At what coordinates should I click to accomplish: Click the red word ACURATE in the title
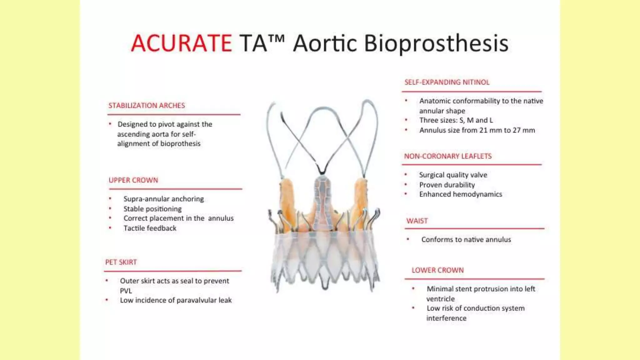(x=181, y=43)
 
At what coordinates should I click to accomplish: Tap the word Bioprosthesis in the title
(x=436, y=43)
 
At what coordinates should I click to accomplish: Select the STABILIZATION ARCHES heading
(x=147, y=106)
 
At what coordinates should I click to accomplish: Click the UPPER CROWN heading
(x=133, y=180)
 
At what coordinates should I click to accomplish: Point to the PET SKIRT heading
(x=121, y=262)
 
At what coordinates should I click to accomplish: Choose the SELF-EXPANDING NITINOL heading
(x=447, y=82)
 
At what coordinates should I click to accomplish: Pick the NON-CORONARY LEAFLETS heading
(x=448, y=156)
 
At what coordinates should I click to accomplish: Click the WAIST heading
(x=417, y=221)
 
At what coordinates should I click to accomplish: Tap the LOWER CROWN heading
(x=437, y=270)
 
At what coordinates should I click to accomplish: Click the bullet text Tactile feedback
(x=150, y=228)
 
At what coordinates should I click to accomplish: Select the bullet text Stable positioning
(x=152, y=209)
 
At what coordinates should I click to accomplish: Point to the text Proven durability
(x=447, y=185)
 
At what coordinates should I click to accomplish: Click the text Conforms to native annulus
(x=466, y=240)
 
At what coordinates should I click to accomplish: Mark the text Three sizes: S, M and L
(x=456, y=120)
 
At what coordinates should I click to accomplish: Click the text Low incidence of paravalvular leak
(x=176, y=300)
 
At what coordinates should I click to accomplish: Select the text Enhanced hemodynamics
(x=461, y=194)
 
